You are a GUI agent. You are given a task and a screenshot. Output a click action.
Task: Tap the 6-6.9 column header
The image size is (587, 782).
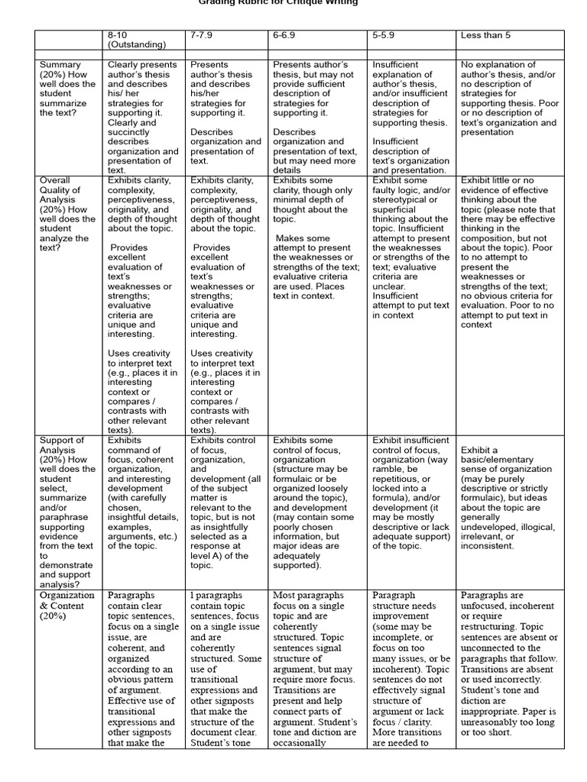287,35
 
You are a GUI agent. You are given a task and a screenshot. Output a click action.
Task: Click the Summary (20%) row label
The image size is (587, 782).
68,89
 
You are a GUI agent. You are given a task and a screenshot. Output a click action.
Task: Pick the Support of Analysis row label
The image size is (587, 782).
68,509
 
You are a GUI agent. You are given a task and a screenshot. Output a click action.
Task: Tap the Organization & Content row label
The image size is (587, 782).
68,605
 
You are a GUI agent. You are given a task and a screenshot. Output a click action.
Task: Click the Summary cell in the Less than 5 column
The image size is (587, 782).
510,99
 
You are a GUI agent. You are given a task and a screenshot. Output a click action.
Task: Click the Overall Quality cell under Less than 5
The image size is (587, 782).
510,252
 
